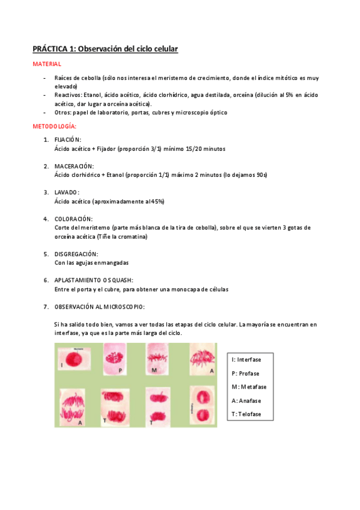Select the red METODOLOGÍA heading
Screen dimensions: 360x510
[x=55, y=126]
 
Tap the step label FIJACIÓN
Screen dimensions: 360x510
[x=67, y=140]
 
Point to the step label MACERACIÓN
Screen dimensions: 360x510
[x=74, y=166]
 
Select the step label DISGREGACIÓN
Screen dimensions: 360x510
[x=76, y=254]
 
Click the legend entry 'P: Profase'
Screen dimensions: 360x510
[x=246, y=373]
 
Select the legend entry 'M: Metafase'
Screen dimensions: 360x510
[x=249, y=387]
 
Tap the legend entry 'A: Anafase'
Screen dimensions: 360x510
[x=246, y=401]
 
